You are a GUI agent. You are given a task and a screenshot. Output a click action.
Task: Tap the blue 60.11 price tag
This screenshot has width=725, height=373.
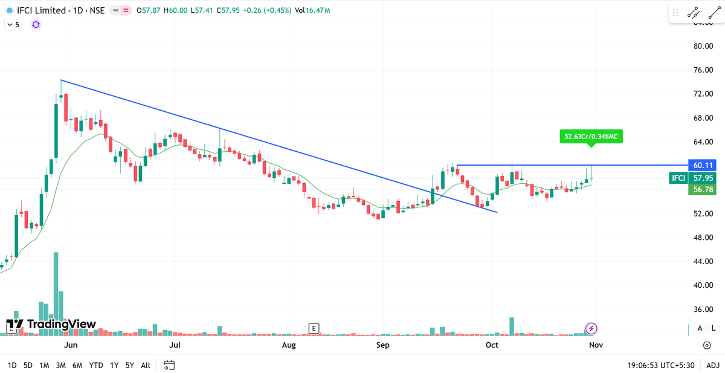(703, 165)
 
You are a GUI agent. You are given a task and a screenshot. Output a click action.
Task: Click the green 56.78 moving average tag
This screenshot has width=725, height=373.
(703, 190)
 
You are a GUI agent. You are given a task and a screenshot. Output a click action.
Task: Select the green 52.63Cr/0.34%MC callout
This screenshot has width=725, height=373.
(591, 137)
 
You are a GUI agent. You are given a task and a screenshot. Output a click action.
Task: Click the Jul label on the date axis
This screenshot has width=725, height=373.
(175, 345)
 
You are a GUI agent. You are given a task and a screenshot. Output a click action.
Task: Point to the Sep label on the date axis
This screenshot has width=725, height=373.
(382, 345)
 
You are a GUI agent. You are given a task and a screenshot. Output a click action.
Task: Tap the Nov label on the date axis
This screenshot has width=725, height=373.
(596, 345)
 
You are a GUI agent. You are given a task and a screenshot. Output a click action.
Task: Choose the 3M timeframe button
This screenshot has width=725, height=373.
(61, 365)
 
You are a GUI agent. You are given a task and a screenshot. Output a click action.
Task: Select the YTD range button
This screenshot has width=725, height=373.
(95, 365)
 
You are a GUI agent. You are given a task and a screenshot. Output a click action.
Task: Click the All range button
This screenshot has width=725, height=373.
(146, 365)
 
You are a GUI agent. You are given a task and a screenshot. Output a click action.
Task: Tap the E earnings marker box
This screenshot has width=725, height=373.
(313, 328)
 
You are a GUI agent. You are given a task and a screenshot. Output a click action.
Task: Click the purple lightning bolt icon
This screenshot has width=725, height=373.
(591, 328)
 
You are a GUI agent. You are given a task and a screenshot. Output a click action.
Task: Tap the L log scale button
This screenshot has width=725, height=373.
(714, 328)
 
